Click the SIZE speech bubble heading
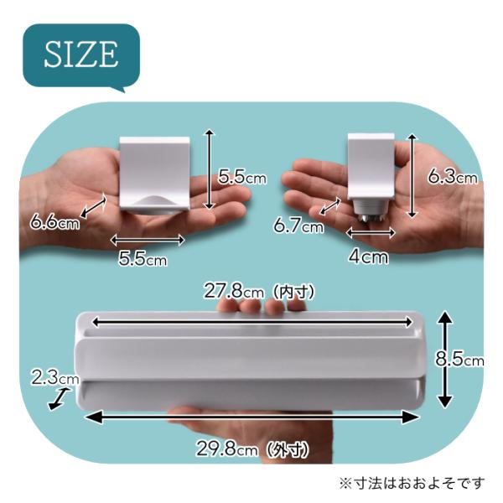pyautogui.click(x=81, y=54)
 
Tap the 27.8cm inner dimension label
pyautogui.click(x=259, y=292)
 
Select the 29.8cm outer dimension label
pyautogui.click(x=252, y=449)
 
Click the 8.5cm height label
pyautogui.click(x=459, y=359)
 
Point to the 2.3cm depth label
pyautogui.click(x=55, y=377)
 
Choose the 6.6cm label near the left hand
pyautogui.click(x=54, y=221)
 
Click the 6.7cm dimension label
pyautogui.click(x=298, y=226)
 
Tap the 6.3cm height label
pyautogui.click(x=453, y=176)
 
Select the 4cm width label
pyautogui.click(x=368, y=257)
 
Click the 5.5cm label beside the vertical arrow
pyautogui.click(x=242, y=176)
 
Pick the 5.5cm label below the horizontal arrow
pyautogui.click(x=143, y=258)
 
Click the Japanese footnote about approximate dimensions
pyautogui.click(x=412, y=483)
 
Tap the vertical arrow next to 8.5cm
pyautogui.click(x=445, y=360)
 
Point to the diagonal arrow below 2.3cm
pyautogui.click(x=60, y=399)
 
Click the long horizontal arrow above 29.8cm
pyautogui.click(x=251, y=417)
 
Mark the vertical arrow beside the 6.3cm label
pyautogui.click(x=412, y=176)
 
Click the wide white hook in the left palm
pyautogui.click(x=154, y=175)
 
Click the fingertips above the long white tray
pyautogui.click(x=262, y=306)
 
